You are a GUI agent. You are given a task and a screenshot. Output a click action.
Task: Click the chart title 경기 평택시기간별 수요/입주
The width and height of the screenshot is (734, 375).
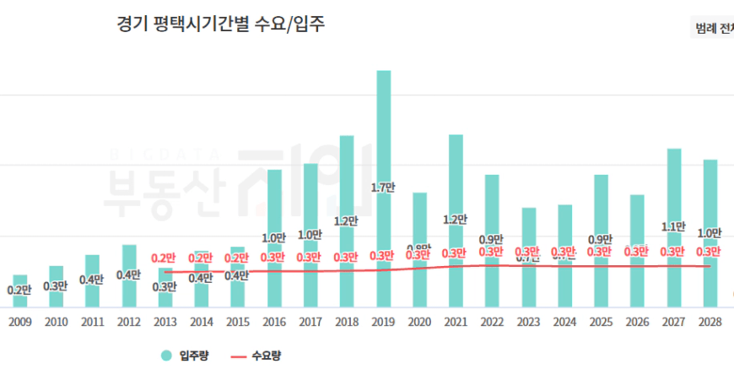click(221, 24)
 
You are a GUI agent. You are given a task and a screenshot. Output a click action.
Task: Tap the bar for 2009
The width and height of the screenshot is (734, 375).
click(19, 291)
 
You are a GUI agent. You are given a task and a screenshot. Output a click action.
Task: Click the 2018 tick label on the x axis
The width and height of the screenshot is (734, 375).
click(347, 322)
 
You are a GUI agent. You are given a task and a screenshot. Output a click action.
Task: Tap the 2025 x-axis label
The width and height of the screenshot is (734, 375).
click(602, 322)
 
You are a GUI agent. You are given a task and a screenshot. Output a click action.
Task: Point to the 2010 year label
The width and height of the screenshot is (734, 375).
click(56, 322)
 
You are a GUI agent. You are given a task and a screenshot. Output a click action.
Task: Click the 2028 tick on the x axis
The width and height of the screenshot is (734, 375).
click(710, 322)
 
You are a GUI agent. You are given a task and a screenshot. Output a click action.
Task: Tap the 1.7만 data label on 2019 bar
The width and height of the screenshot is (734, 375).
click(383, 187)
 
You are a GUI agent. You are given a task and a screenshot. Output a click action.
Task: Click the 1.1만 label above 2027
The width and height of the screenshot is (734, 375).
click(674, 226)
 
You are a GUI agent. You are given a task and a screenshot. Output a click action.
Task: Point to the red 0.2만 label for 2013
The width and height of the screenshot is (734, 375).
click(165, 258)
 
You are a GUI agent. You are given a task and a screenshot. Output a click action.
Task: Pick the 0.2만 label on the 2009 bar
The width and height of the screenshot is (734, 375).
click(19, 291)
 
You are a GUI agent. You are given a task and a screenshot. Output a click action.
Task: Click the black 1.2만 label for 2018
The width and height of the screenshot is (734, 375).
click(347, 221)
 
